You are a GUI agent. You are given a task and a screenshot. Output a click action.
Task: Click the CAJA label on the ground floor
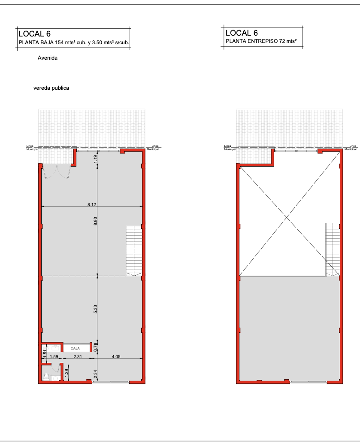[75, 348]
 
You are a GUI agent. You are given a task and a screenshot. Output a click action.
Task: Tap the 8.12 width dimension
[92, 204]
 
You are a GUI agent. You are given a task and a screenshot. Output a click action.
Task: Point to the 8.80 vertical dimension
[95, 221]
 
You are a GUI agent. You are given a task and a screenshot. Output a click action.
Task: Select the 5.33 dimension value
[95, 309]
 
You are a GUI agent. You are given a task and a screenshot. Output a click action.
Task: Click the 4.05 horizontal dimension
[116, 356]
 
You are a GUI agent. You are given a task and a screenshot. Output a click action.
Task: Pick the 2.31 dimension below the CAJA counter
[78, 356]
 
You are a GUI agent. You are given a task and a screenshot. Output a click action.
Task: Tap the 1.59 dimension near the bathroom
[54, 356]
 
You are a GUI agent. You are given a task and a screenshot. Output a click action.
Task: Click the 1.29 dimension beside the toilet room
[67, 373]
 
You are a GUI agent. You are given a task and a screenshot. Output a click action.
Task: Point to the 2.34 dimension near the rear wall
[95, 374]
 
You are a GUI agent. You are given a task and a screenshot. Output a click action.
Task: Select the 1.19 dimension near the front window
[95, 159]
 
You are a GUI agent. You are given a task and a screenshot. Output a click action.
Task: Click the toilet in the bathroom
[46, 376]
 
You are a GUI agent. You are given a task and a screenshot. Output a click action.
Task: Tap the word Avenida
[48, 58]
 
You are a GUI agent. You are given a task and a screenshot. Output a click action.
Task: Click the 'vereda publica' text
[51, 88]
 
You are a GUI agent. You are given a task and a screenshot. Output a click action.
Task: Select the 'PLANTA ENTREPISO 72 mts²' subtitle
[261, 41]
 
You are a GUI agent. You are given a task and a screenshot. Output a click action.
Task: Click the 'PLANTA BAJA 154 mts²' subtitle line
[74, 43]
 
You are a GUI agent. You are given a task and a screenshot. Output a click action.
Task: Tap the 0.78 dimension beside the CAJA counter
[96, 347]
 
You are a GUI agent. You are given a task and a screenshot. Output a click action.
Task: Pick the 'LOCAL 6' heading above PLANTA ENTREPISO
[242, 33]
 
